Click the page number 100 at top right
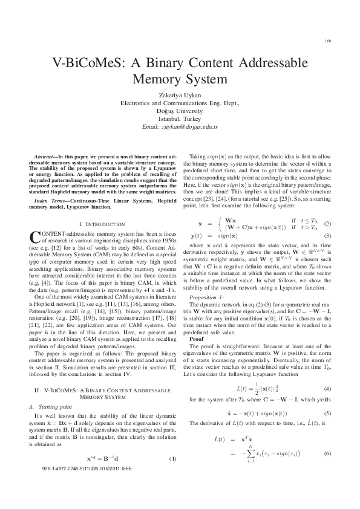point(327,42)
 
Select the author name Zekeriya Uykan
point(179,96)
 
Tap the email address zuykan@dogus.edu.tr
point(179,127)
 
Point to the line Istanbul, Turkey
point(179,119)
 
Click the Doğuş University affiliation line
point(179,111)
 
